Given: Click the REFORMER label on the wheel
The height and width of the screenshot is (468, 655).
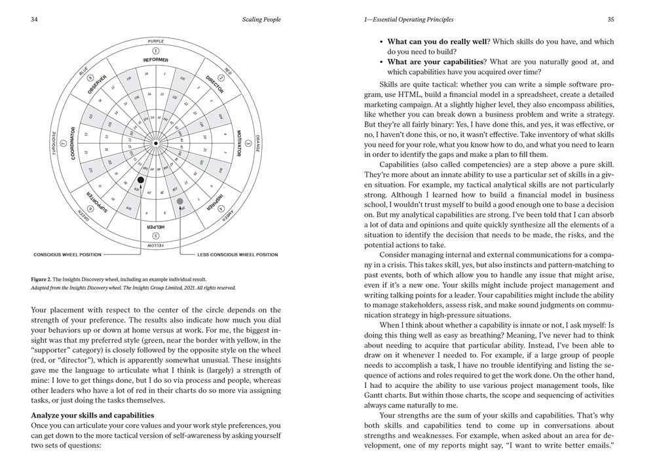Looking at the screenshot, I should pyautogui.click(x=155, y=60).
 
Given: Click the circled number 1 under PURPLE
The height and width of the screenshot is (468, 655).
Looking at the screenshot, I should pyautogui.click(x=155, y=50).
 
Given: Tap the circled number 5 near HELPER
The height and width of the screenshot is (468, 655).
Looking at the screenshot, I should pyautogui.click(x=155, y=235).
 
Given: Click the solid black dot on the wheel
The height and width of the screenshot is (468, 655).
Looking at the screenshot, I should pyautogui.click(x=140, y=180).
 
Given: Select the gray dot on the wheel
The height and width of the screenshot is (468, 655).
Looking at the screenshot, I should pyautogui.click(x=180, y=201).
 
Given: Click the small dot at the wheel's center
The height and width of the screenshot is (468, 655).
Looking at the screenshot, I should pyautogui.click(x=155, y=142).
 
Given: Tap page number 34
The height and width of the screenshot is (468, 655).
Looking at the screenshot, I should pyautogui.click(x=34, y=20).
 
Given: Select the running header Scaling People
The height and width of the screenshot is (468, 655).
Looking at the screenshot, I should pyautogui.click(x=262, y=20).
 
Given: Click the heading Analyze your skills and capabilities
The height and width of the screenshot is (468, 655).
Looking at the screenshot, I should pyautogui.click(x=92, y=414).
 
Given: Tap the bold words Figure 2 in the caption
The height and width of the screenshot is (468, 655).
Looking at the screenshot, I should pyautogui.click(x=43, y=279).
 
